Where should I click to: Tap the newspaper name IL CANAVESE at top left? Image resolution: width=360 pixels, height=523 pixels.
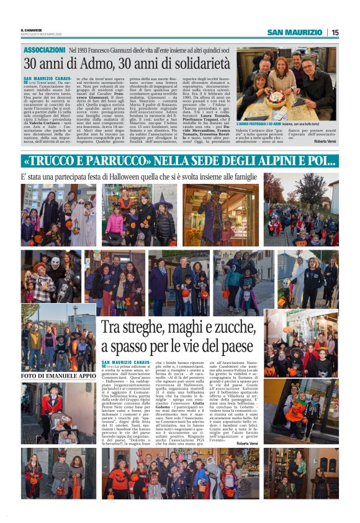[32, 29]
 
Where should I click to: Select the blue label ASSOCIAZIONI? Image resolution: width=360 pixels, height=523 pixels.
[43, 50]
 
